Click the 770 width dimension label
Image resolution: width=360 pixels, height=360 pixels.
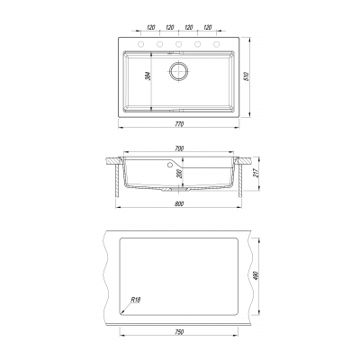tap(179, 123)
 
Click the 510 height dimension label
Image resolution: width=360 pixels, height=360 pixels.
tap(247, 76)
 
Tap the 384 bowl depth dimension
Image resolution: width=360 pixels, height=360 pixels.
tap(148, 76)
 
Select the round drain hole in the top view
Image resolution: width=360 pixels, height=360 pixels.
tap(179, 71)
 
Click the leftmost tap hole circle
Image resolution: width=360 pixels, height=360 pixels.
tap(140, 44)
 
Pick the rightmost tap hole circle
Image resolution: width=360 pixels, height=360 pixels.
tap(216, 44)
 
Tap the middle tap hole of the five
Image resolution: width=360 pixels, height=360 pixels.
tap(178, 44)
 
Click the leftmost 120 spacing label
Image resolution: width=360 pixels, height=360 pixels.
tap(151, 28)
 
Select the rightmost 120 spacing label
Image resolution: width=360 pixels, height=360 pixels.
tap(208, 28)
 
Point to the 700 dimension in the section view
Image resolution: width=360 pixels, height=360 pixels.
tap(179, 148)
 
